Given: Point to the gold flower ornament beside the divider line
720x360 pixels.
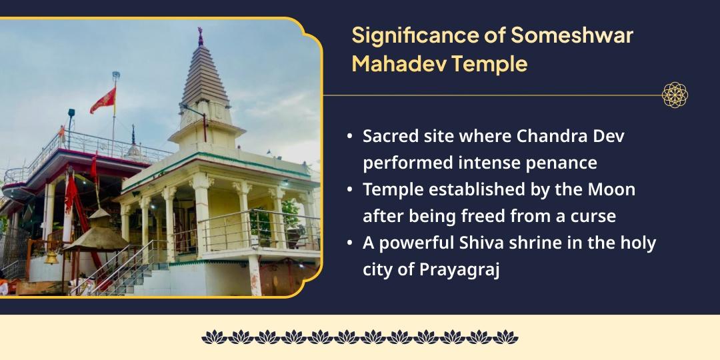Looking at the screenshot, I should (x=675, y=95).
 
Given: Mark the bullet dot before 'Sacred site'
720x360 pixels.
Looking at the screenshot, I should (x=350, y=136).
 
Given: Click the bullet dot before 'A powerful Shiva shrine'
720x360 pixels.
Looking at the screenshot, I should (x=350, y=243).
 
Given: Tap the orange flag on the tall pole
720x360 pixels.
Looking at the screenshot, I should (x=103, y=101).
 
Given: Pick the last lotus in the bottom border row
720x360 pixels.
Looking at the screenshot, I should (x=507, y=337).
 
